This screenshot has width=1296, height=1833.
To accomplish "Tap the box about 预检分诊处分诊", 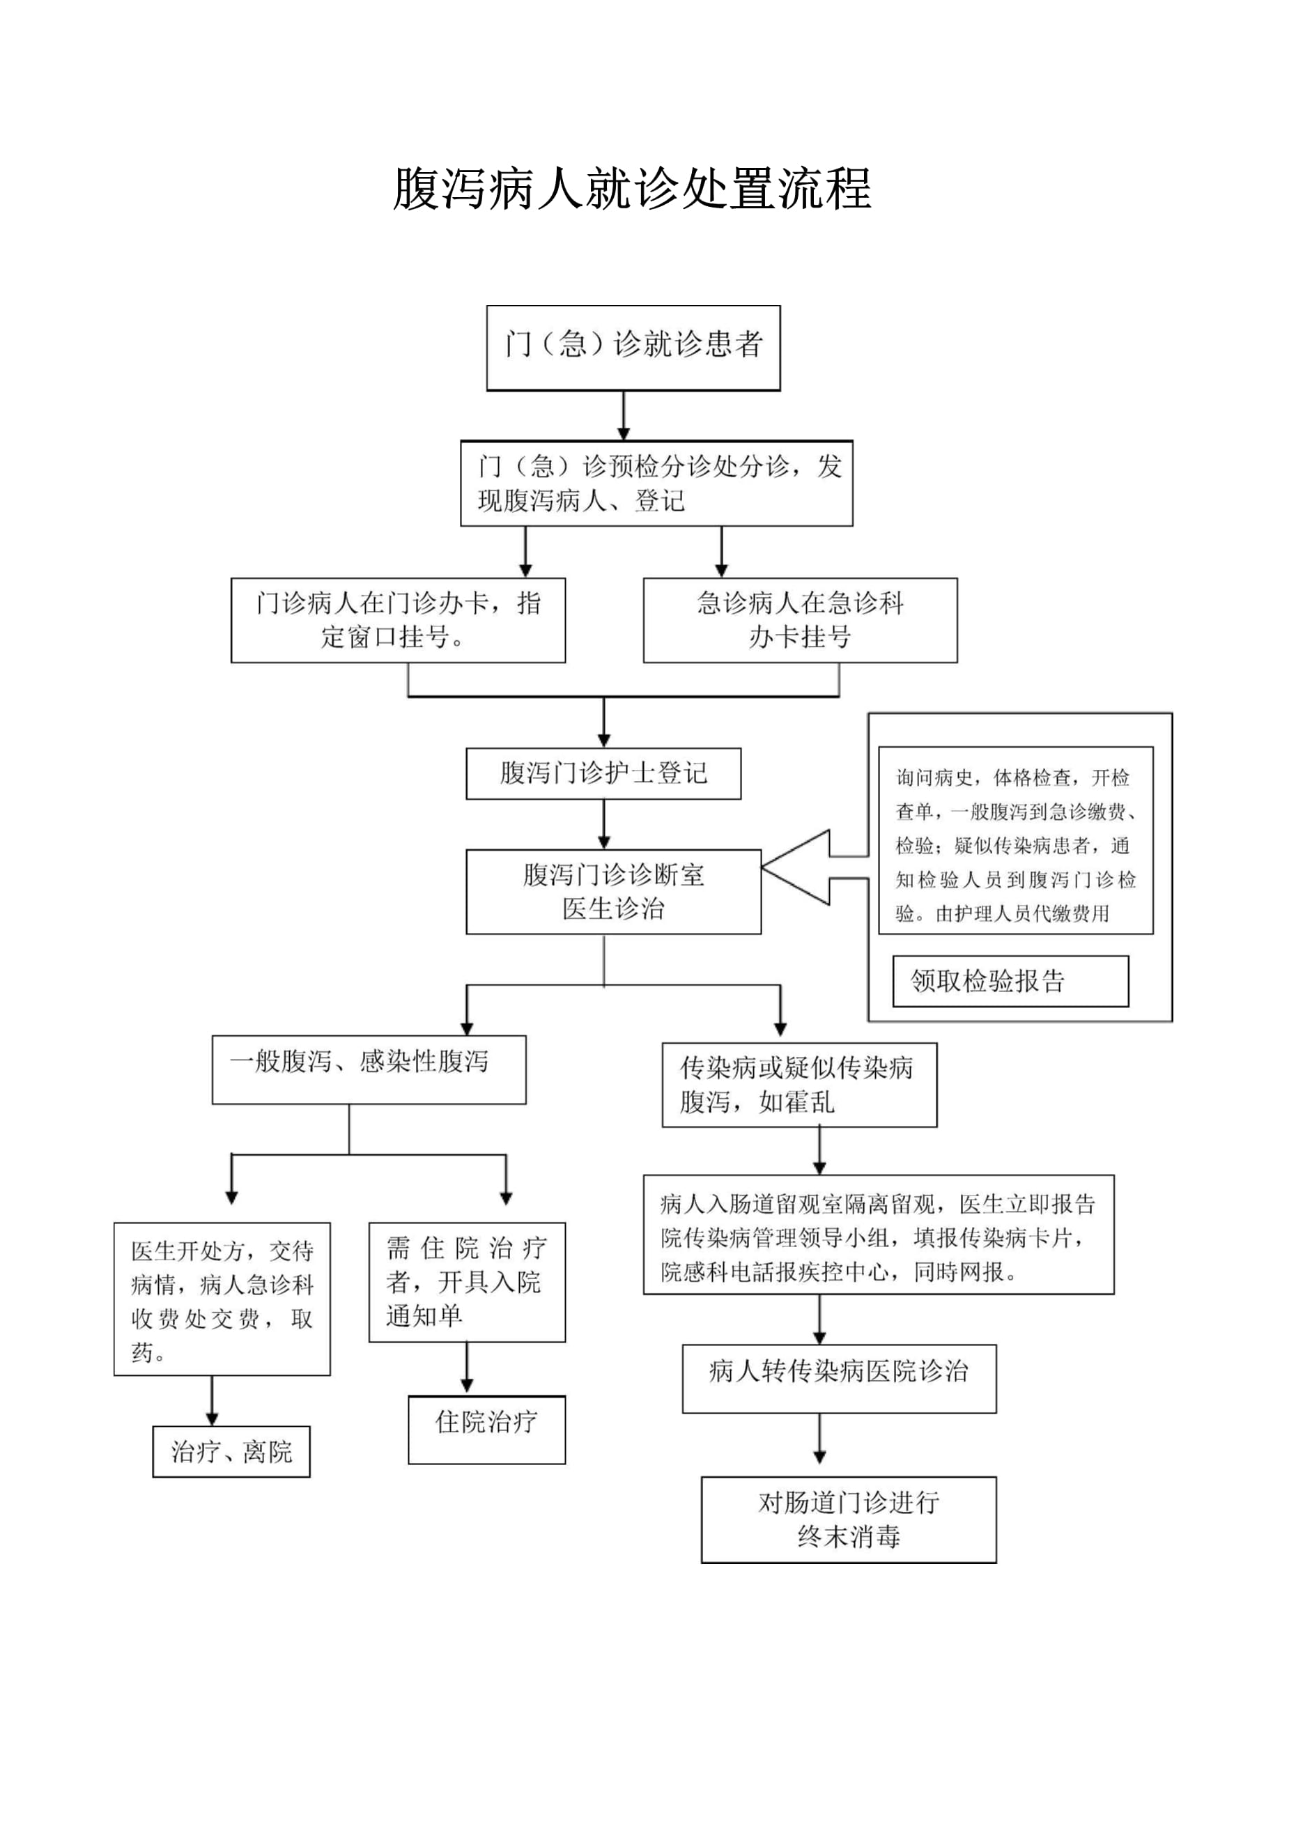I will pos(656,483).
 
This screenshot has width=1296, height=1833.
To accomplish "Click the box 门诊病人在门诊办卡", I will pos(398,619).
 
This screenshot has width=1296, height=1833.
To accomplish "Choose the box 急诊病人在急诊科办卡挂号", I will pos(799,619).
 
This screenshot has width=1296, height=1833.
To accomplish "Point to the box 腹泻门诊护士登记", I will pos(603,773).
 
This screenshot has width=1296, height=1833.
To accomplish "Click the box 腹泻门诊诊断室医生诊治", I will pos(612,891).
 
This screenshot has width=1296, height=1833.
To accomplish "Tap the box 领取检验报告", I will pos(1010,980).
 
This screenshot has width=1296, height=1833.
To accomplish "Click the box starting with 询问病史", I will pos(1015,840).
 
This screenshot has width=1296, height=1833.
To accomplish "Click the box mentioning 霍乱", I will pos(799,1084).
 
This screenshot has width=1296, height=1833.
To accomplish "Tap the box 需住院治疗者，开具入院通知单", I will pos(466,1281).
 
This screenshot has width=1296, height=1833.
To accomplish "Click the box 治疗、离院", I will pos(231,1451).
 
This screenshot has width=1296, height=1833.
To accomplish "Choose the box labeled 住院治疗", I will pos(486,1429).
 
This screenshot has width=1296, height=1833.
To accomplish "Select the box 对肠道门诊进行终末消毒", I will pos(848,1519).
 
